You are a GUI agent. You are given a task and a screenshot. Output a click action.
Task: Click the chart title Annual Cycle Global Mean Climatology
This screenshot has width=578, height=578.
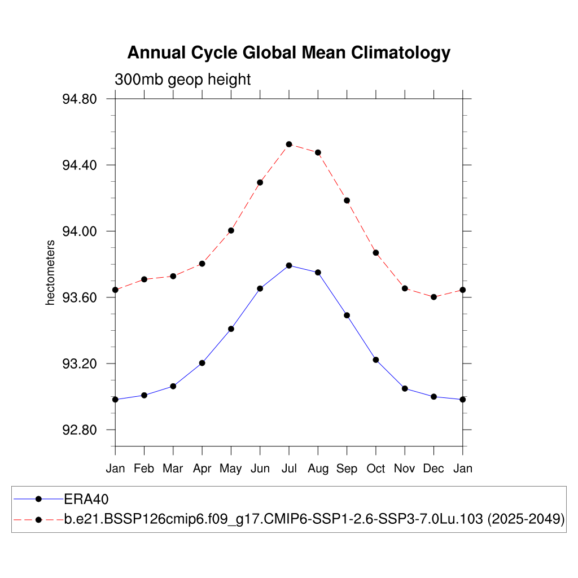point(288,52)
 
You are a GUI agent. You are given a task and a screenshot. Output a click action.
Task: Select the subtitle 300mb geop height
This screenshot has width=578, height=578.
point(182,80)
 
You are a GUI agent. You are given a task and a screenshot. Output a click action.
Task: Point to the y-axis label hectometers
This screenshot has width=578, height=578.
point(51,272)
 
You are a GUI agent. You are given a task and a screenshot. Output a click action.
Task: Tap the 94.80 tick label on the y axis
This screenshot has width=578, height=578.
point(80,99)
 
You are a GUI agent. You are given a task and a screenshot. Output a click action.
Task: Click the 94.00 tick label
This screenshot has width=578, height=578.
point(80,231)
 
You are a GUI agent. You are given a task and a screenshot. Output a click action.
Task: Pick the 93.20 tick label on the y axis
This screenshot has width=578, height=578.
point(80,364)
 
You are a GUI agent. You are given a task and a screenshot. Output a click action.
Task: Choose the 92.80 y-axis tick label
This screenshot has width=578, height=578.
point(80,430)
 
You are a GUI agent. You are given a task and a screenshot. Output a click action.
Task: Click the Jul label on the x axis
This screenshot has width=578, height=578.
point(289,468)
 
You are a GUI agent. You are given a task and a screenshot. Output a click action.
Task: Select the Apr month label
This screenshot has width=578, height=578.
point(202,468)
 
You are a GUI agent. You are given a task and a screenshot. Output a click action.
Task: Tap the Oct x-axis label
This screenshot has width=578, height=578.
point(376,468)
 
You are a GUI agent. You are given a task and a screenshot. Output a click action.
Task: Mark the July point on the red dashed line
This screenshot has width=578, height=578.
point(289,144)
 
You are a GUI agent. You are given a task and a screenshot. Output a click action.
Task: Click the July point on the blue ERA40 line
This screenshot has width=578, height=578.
point(289,265)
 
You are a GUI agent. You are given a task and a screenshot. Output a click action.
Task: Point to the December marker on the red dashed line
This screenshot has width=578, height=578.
point(433,297)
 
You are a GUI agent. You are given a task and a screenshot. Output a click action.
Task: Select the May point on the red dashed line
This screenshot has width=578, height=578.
point(231,230)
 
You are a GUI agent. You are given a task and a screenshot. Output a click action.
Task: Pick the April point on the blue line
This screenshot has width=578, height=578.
point(202,363)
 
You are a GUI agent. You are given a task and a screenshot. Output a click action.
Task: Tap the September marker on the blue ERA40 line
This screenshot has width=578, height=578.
point(347,315)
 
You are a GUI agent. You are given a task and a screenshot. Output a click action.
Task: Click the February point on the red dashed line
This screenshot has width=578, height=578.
point(144,279)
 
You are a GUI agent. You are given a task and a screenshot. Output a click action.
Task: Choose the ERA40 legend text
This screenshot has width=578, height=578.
point(86,499)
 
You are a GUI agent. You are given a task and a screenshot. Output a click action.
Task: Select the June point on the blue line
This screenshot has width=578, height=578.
point(260,288)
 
